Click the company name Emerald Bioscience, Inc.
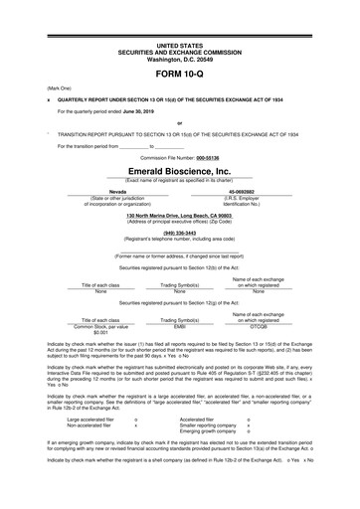(x=180, y=170)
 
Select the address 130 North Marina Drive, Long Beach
(x=179, y=216)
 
